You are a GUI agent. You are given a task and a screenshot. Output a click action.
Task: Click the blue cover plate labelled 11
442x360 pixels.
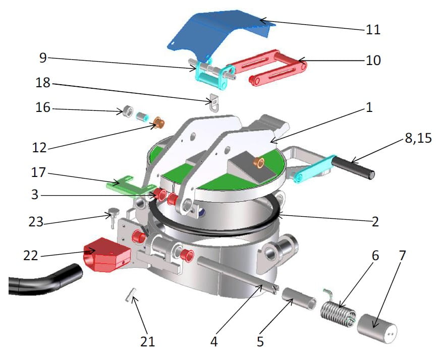coord(217,33)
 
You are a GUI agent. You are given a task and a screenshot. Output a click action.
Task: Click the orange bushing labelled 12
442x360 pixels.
coord(159,123)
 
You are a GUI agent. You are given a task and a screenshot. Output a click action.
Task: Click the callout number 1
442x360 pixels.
coord(370,108)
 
